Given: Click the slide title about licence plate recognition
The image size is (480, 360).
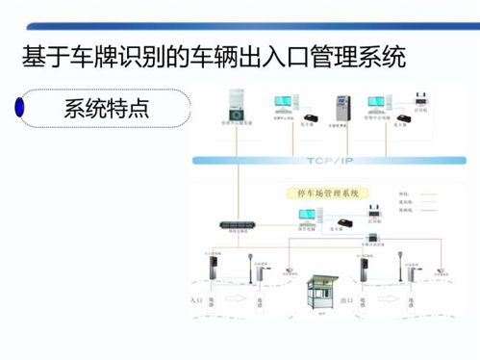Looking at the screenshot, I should pos(213,56).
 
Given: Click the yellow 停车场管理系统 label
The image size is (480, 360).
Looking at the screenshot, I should pos(322,193).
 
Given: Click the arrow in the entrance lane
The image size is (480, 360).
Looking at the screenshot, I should pos(231,300).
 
